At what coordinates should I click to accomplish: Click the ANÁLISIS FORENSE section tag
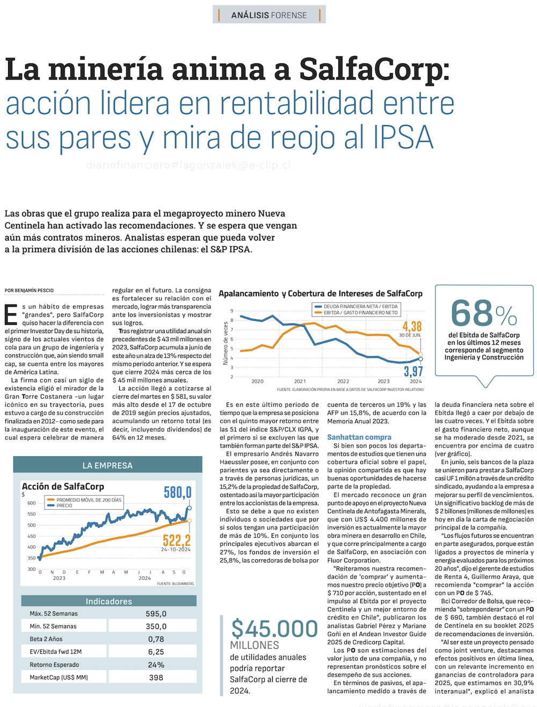269,15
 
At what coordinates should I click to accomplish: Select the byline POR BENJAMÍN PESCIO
30,291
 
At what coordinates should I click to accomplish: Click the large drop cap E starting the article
11,315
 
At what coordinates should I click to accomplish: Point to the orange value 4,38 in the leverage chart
412,326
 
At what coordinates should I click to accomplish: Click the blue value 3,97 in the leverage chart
413,371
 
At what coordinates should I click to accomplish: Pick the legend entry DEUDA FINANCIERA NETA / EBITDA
360,306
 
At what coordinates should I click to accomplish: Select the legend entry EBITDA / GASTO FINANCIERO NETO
360,313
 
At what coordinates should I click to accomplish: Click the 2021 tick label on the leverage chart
300,381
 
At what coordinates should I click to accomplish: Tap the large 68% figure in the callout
483,313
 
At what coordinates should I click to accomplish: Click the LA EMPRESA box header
107,465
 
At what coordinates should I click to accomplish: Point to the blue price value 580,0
177,492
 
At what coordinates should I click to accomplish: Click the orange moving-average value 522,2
176,540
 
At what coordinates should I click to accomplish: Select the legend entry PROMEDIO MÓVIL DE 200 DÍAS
89,500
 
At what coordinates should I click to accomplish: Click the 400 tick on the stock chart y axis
31,547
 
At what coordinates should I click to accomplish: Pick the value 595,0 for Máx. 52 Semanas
156,614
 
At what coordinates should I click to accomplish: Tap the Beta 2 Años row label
46,639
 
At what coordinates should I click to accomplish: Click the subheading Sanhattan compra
359,437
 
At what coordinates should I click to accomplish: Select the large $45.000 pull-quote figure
274,629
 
